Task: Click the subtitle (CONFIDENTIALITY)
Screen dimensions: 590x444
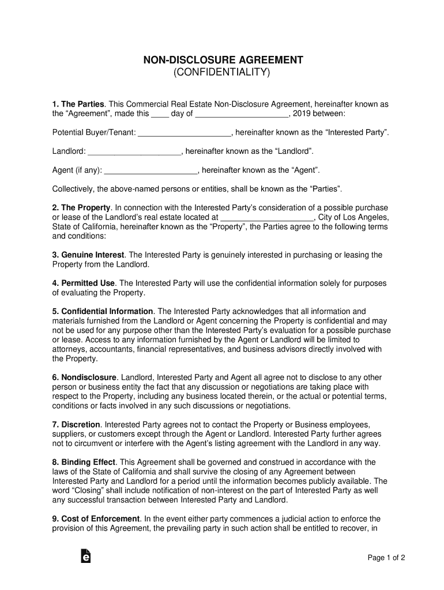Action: point(222,73)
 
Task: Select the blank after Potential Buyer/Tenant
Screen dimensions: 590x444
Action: point(185,133)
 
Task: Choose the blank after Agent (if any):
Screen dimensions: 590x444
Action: point(151,171)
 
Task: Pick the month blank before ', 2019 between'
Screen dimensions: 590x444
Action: point(242,114)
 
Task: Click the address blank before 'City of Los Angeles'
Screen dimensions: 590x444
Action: point(267,218)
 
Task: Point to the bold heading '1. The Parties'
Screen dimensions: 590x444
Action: point(78,104)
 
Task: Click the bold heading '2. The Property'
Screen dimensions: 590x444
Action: point(81,208)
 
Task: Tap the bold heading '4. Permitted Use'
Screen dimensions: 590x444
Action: point(84,283)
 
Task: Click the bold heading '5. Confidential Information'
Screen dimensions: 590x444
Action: point(103,312)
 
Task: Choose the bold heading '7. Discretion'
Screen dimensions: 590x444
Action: point(76,425)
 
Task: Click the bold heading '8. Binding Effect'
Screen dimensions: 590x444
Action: point(84,462)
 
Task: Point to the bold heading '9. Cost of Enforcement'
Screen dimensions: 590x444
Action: point(96,519)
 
